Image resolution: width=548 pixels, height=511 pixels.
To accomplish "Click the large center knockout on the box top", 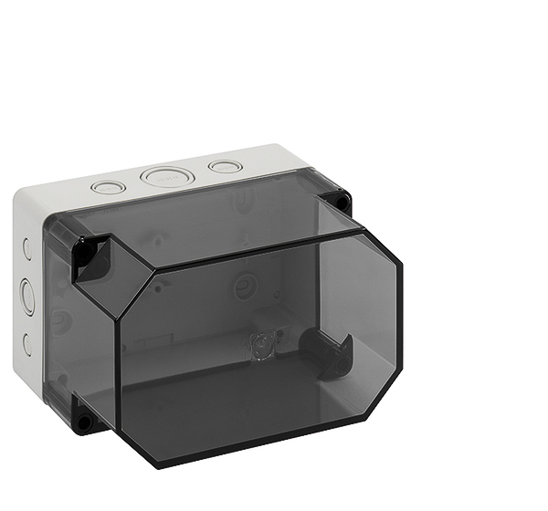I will coord(162,176).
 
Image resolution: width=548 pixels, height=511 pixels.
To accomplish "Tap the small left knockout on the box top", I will coord(108,188).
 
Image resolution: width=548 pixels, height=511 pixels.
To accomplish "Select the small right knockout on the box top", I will coord(225,166).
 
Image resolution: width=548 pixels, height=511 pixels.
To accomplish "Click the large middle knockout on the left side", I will coord(27,297).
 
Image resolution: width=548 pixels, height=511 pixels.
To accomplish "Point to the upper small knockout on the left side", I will coord(26,247).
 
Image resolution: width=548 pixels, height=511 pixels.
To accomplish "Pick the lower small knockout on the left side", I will coord(27,344).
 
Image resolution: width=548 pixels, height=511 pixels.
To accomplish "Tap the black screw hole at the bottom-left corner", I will coord(84,421).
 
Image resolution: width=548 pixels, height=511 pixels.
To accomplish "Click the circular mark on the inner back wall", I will coord(245,287).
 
